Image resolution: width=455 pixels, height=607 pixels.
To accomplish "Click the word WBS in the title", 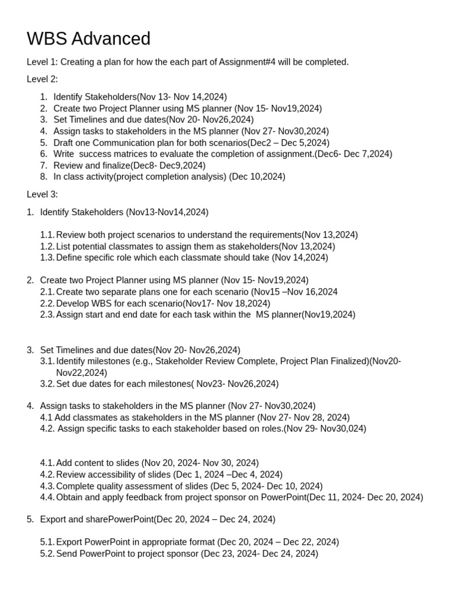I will (x=47, y=39).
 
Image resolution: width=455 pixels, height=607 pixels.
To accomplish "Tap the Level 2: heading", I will (x=42, y=79).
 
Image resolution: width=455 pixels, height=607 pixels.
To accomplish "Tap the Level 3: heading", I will (x=42, y=194).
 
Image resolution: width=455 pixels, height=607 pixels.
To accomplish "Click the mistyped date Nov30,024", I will (x=344, y=429).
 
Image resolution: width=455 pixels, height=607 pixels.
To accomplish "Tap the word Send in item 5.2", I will (x=66, y=554).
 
